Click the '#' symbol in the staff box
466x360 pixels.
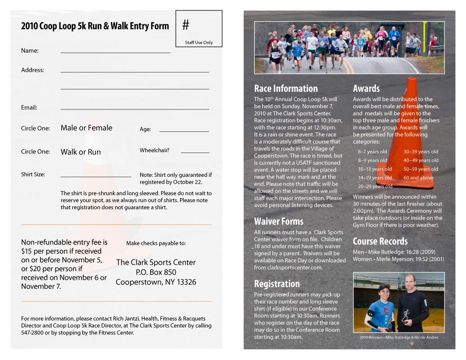[186, 25]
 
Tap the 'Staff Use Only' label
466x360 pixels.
[199, 43]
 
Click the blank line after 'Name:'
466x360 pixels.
[115, 52]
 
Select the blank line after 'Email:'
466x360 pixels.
[134, 109]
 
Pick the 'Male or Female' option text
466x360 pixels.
[86, 128]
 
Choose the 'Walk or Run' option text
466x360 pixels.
[81, 152]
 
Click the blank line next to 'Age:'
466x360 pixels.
[184, 131]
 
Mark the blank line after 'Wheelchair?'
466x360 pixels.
[195, 153]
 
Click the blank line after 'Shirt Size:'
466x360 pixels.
[96, 176]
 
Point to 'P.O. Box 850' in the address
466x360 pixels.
[156, 272]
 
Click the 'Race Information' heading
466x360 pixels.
[286, 89]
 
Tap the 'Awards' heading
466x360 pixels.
[366, 89]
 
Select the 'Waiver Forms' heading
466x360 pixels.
[278, 221]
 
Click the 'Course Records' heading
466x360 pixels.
[380, 241]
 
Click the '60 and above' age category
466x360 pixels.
[418, 178]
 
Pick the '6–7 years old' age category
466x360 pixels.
[372, 152]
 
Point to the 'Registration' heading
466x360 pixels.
[277, 284]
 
